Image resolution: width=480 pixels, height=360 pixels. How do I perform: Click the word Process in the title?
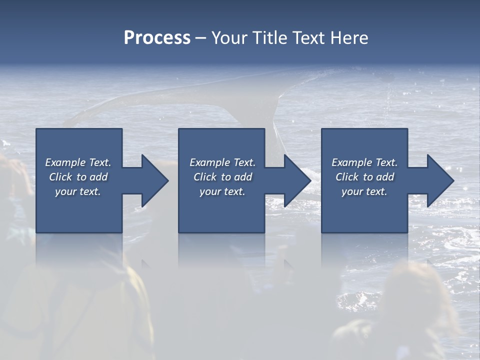(x=157, y=38)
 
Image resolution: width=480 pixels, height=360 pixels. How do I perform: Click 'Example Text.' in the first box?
(x=78, y=162)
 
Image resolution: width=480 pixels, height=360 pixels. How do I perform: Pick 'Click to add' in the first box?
(x=78, y=177)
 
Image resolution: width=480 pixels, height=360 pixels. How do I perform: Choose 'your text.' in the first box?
(x=78, y=191)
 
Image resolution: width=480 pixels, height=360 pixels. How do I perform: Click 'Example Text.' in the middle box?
(x=222, y=162)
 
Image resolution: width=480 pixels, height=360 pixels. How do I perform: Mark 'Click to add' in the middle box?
(x=222, y=177)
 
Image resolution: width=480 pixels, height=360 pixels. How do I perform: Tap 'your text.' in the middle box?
(x=222, y=191)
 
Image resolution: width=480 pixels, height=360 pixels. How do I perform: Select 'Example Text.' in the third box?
(x=364, y=162)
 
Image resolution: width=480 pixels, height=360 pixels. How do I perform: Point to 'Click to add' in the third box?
(x=364, y=177)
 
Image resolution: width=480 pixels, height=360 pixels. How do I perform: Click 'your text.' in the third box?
(x=364, y=191)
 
